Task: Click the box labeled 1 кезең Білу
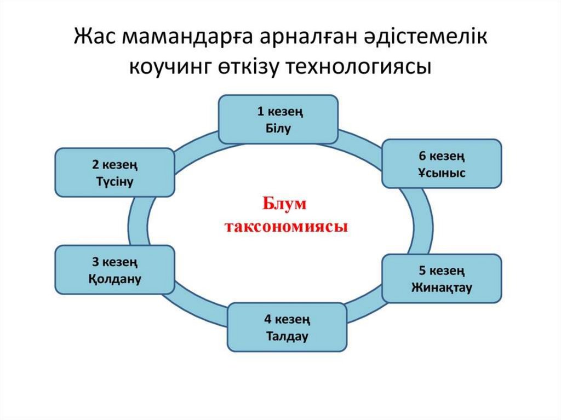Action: (x=278, y=120)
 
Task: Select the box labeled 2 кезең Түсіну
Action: (x=115, y=172)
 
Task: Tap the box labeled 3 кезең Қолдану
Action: (x=115, y=269)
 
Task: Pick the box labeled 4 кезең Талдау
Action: (x=287, y=327)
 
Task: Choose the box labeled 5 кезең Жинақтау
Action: (x=442, y=278)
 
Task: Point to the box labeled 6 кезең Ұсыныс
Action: (x=442, y=164)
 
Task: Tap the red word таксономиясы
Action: (x=287, y=226)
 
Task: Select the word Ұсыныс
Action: (x=442, y=173)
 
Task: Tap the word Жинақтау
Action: (x=442, y=287)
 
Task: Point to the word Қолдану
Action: (x=115, y=278)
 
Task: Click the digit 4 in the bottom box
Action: (x=267, y=318)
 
